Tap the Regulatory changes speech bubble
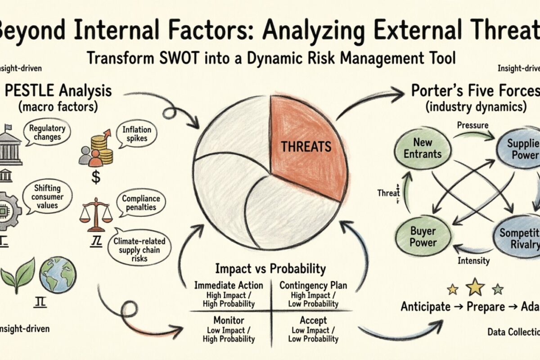47,132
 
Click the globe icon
58,274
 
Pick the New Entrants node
423,148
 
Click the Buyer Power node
423,236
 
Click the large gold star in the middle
475,287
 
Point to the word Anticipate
425,306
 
